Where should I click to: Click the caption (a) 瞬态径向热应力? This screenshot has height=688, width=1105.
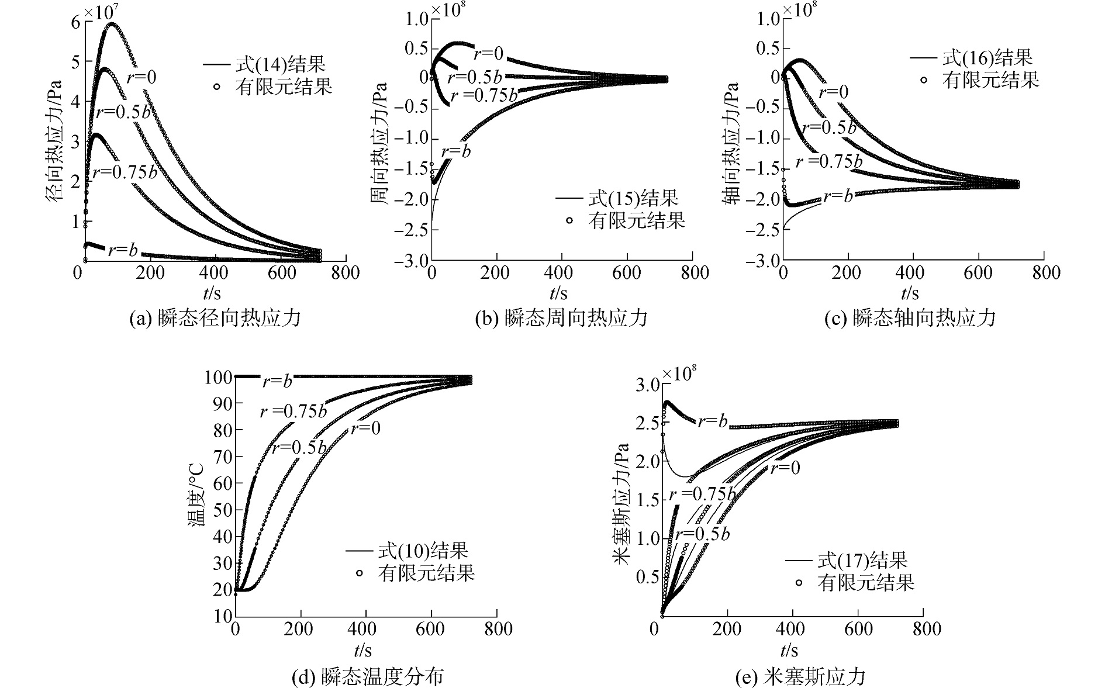click(215, 318)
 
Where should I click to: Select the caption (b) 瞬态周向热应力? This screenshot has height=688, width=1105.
click(562, 318)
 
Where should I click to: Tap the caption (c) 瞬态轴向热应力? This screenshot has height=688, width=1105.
click(910, 318)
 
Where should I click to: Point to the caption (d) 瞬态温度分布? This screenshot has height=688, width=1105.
click(367, 676)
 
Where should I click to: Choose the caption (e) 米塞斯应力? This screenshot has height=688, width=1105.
click(800, 676)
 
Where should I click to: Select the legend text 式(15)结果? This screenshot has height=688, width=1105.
click(633, 199)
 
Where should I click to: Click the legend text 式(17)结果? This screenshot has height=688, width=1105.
click(862, 561)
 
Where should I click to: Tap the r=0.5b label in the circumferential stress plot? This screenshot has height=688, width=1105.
click(474, 78)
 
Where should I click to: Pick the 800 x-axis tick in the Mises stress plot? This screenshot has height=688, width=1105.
click(924, 629)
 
